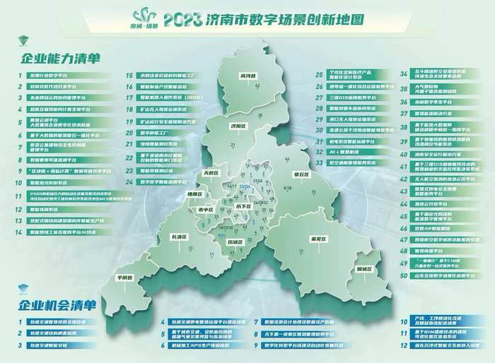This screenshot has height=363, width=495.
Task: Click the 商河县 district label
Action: pos(247,73)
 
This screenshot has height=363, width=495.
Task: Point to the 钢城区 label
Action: pos(364,268)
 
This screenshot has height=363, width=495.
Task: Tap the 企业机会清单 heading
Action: pos(54,305)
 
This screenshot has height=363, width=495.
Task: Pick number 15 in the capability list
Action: pos(130,74)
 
